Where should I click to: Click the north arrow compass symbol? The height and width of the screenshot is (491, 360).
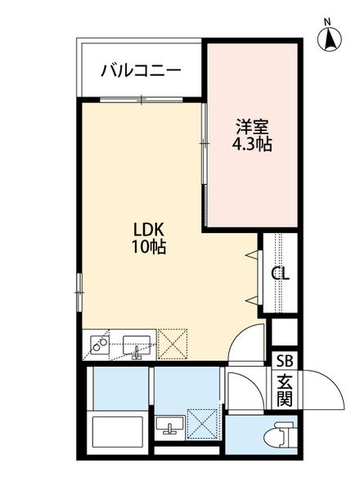[x=328, y=36]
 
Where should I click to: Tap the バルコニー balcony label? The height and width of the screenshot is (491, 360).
[x=141, y=70]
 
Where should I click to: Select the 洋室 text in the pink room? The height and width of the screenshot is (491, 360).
[x=253, y=127]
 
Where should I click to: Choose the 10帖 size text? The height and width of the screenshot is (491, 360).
[x=149, y=247]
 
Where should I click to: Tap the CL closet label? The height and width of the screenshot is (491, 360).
[x=281, y=273]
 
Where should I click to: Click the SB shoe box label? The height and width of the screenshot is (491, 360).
[x=284, y=360]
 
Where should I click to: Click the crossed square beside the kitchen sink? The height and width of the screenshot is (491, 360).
[x=173, y=345]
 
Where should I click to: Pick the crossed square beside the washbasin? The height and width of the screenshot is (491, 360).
[x=201, y=425]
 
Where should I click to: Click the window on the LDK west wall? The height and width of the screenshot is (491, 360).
[x=79, y=286]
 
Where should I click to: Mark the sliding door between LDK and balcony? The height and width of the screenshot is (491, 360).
[x=141, y=100]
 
